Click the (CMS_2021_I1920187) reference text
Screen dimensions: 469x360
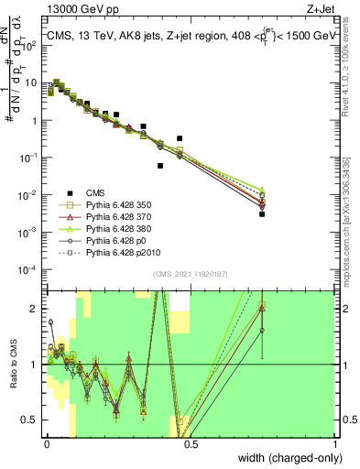[190, 274]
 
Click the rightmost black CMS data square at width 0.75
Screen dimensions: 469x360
[262, 214]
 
